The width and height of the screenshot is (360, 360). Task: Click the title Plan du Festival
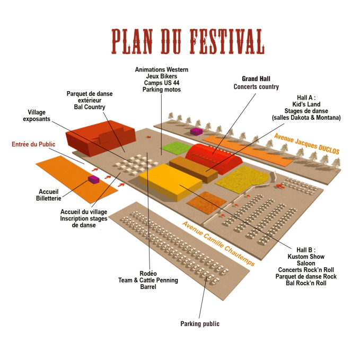[x=188, y=41]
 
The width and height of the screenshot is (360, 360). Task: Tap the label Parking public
[x=199, y=323]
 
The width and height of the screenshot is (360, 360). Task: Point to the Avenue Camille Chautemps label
[x=218, y=243]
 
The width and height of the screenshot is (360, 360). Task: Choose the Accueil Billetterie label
[x=50, y=195]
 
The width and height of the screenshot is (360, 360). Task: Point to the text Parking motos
[x=161, y=90]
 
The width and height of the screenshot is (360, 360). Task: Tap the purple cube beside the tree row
[x=196, y=131]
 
